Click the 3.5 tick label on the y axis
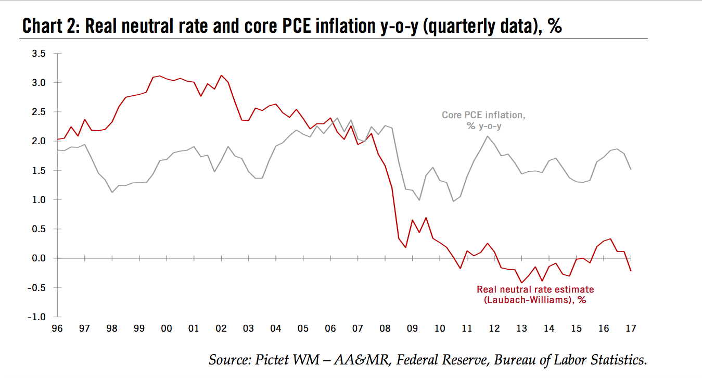(x=39, y=53)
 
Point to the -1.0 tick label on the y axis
(x=37, y=317)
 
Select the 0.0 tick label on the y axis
(x=39, y=258)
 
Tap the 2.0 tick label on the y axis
(x=39, y=141)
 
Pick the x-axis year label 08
(x=386, y=329)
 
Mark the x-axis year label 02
(x=221, y=329)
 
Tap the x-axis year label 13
(x=522, y=329)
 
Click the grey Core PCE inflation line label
(x=483, y=120)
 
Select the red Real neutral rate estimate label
(x=535, y=294)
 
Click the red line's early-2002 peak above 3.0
(x=221, y=75)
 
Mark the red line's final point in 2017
(x=631, y=271)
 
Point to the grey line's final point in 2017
(x=631, y=169)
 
